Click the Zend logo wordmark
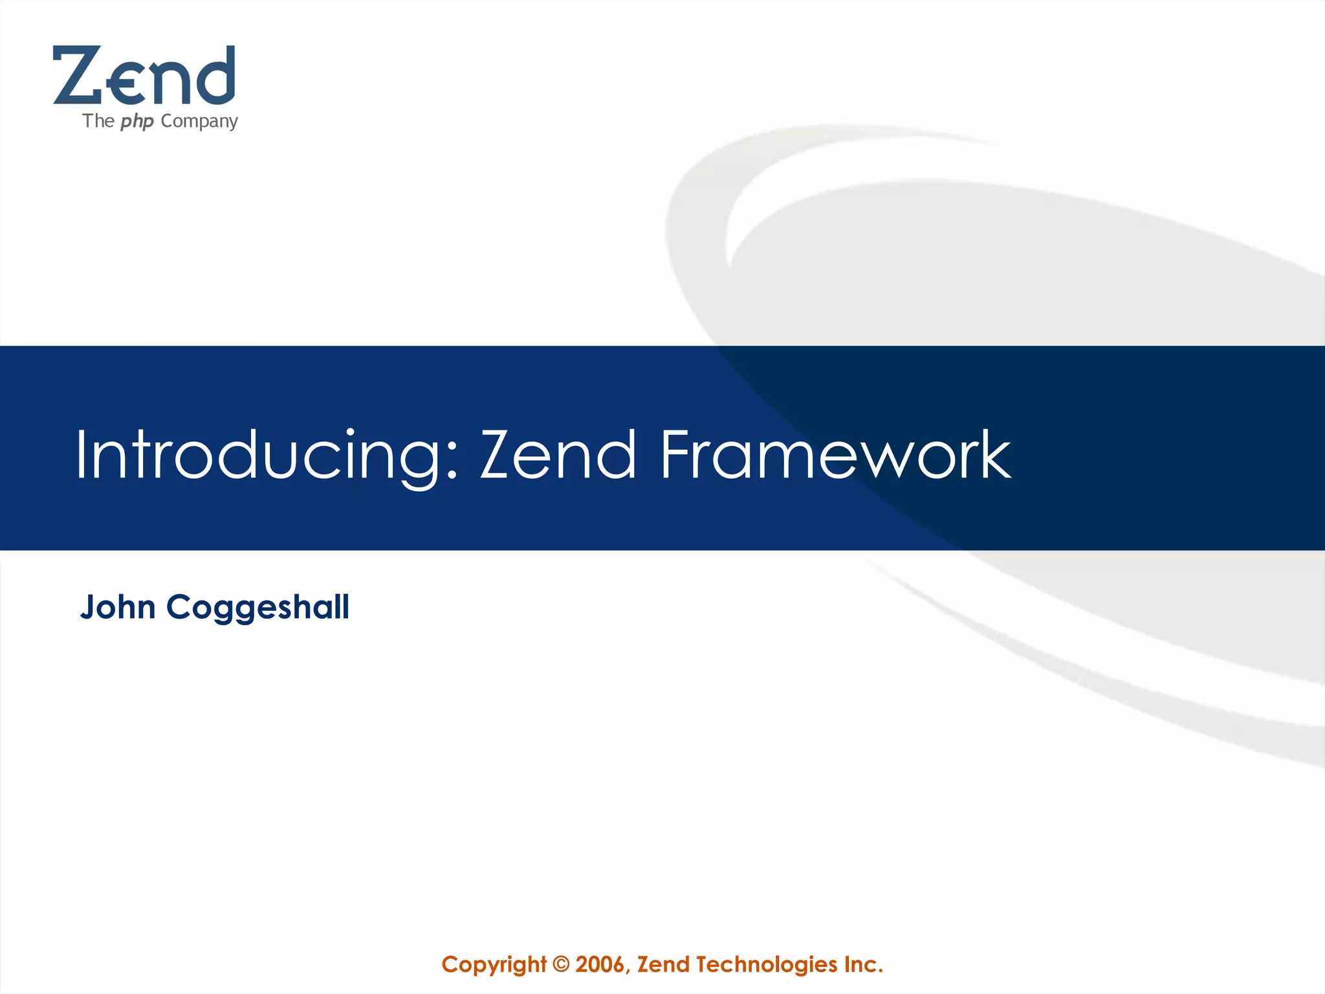[144, 76]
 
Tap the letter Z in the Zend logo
[76, 76]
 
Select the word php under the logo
[137, 122]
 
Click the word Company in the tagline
[199, 122]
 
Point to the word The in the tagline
[98, 121]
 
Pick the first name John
[118, 608]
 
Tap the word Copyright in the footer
[494, 965]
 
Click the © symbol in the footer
[562, 965]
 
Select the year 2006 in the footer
[600, 965]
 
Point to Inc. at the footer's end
[863, 965]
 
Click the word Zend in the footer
[664, 965]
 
